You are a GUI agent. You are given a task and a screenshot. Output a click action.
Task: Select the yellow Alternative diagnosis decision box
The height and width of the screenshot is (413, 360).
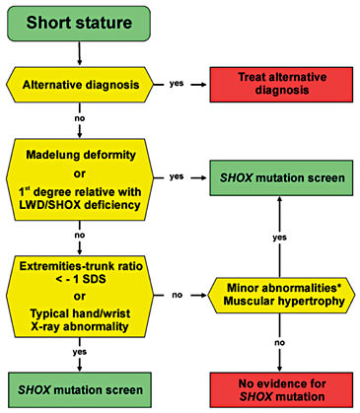(x=82, y=85)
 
